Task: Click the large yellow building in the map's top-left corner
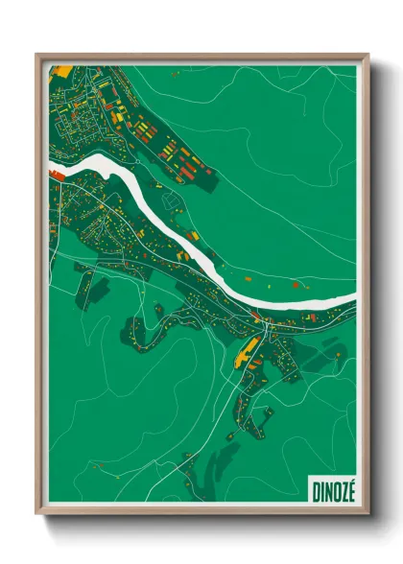59,71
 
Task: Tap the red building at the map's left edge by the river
56,175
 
